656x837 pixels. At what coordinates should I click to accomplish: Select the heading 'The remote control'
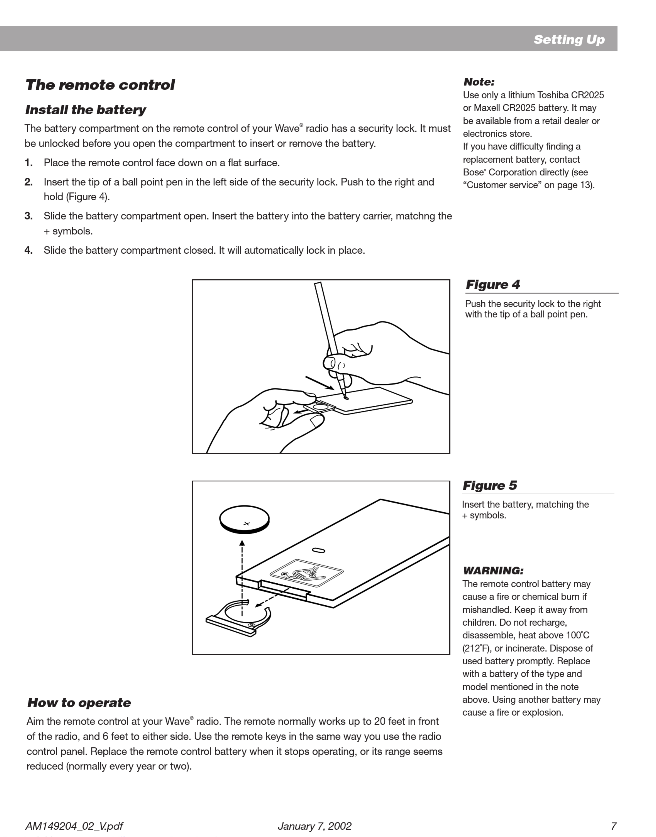click(100, 85)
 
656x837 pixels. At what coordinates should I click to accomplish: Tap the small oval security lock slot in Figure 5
click(319, 551)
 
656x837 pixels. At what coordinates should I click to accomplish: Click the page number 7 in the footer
click(613, 826)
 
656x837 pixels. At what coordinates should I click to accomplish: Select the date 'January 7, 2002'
click(314, 826)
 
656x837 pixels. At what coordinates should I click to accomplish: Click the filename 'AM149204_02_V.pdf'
click(74, 826)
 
